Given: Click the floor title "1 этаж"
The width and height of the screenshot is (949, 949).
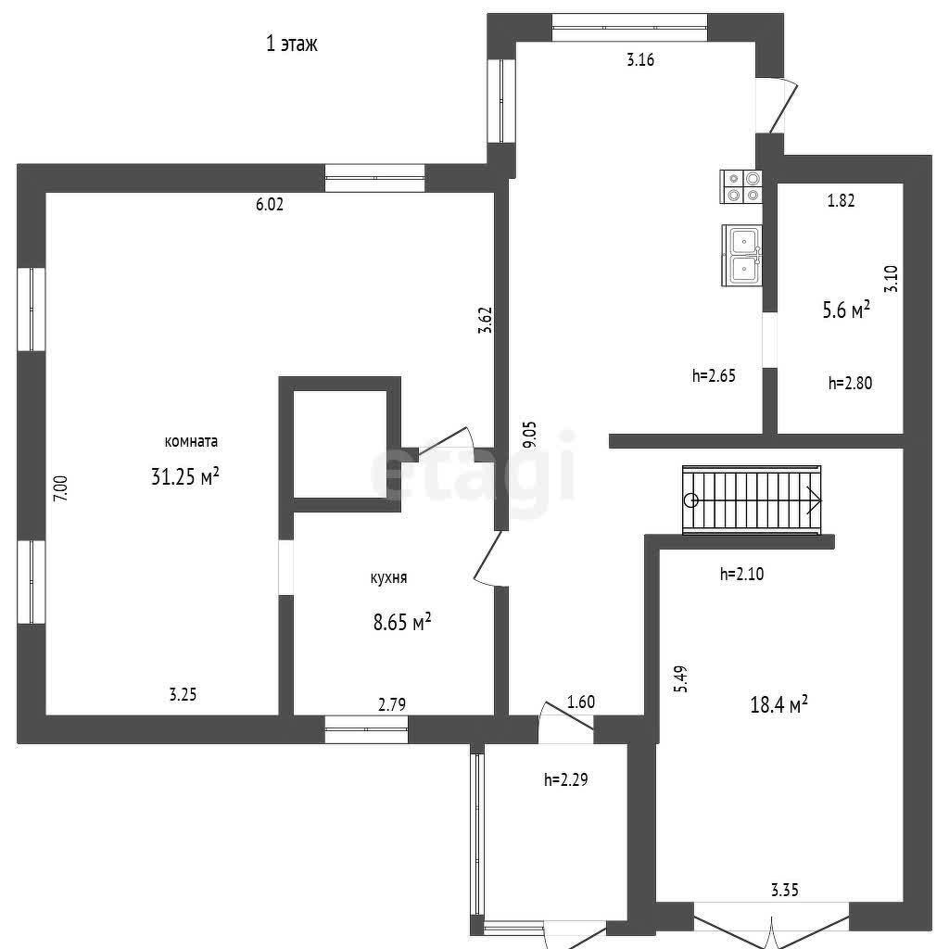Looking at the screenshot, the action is coord(292,44).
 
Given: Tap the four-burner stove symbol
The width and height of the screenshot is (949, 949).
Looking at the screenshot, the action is coord(740,186).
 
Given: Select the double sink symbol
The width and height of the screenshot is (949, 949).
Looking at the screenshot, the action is coord(742,255).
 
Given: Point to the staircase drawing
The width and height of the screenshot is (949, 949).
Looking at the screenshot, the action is coord(752,500).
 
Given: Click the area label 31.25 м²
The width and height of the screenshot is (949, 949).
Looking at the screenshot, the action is coord(184,476).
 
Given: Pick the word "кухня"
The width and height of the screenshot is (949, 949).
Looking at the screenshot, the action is coord(388,577).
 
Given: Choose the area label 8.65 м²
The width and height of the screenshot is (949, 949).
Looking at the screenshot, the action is coord(402,622).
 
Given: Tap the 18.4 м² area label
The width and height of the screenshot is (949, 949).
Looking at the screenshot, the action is coord(778,704).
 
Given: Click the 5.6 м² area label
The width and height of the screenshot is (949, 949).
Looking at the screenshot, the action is coord(846,310).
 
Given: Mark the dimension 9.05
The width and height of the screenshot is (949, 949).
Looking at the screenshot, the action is coord(530,434).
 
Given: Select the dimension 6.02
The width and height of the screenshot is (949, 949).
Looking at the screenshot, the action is coord(270,205).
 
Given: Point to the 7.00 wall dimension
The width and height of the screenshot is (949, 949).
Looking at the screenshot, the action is coord(61,488).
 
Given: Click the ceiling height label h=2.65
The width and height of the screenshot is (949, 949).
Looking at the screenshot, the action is coord(714,376).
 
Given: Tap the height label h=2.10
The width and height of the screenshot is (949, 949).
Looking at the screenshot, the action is coord(742,574).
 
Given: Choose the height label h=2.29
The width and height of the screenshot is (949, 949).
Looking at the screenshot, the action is coord(566,779).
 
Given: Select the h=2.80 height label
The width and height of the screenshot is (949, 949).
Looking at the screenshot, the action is coord(851,383).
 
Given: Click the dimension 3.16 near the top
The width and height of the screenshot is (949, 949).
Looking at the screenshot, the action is coord(640,60).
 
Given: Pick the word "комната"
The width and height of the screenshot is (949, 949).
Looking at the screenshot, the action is coord(191,441).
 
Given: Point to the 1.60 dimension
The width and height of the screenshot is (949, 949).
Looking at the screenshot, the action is coord(581,702).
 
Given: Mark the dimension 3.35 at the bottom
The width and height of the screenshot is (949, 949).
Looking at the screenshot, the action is coord(784,891).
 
